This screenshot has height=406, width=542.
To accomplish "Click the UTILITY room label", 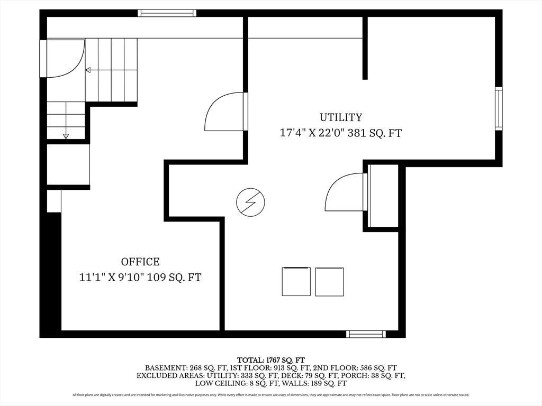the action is tap(340, 117).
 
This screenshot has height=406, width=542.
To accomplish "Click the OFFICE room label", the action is tap(140, 262).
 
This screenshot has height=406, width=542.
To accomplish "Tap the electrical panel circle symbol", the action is tap(250, 202).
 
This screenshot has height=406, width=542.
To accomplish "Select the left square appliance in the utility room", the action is tap(296, 281).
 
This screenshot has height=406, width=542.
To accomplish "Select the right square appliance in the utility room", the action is tap(329, 282).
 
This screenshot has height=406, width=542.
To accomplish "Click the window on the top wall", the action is tap(167, 13).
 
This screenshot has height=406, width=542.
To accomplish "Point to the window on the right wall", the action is tap(499, 109).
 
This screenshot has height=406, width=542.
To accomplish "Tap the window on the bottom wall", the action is tap(366, 334).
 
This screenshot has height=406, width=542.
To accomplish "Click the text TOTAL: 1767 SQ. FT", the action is tap(271, 361).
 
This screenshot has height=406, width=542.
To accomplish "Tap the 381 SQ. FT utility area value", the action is tap(375, 133).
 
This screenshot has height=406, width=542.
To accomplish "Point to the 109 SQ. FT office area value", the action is tap(174, 277).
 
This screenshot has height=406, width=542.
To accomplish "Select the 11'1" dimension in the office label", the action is tap(92, 277).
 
